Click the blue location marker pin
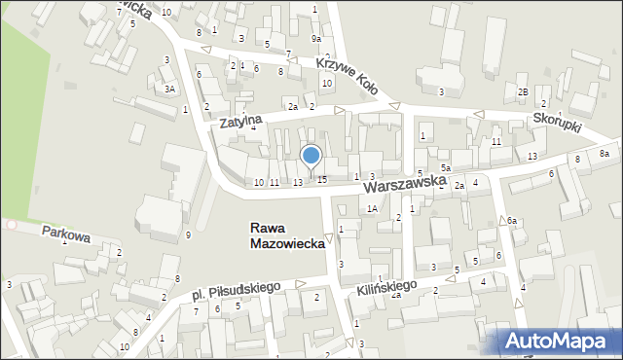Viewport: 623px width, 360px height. point(311,156)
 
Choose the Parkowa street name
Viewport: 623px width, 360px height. point(65,234)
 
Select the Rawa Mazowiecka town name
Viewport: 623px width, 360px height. point(287,236)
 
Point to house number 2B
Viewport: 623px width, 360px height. point(523,91)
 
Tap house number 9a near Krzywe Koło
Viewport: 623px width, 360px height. point(315,38)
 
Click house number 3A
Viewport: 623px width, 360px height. point(169,89)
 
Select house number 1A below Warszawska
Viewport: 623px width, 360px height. point(372,208)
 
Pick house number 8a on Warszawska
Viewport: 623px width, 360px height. point(604,154)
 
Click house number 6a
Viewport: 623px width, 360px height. point(511,221)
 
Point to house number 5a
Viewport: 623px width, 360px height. point(445,168)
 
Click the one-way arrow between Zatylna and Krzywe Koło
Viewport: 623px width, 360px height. point(394,107)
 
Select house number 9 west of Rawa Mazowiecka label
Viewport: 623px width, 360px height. point(188,234)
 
